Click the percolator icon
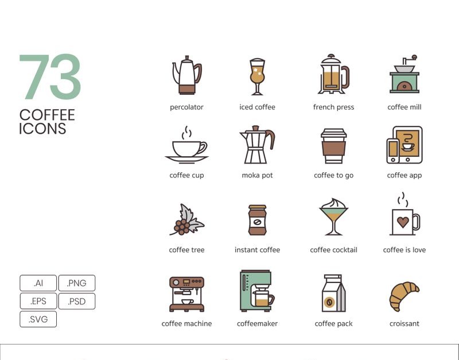click(187, 75)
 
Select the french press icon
click(333, 74)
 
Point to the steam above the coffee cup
click(187, 133)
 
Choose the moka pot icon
click(257, 145)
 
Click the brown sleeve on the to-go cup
click(333, 149)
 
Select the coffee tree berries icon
click(187, 220)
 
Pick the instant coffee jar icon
click(257, 220)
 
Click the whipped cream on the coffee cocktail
click(334, 203)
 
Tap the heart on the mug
click(403, 222)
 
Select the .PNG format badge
click(77, 283)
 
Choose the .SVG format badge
click(38, 319)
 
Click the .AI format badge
click(38, 283)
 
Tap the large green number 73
click(50, 77)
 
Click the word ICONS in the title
click(42, 129)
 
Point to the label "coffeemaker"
click(257, 323)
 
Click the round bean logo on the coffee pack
click(328, 301)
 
